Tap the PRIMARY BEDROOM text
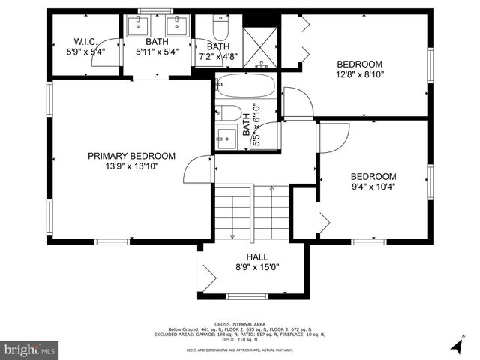[131, 156]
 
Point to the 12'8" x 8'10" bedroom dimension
[359, 74]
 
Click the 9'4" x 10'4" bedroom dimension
[373, 187]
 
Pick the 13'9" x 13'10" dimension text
[131, 166]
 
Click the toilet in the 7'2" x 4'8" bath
[220, 28]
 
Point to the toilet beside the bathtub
[230, 114]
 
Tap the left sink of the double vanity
[137, 27]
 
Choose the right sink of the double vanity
[177, 27]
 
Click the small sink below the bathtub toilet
[226, 137]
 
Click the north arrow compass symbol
[457, 345]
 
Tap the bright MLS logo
[30, 349]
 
